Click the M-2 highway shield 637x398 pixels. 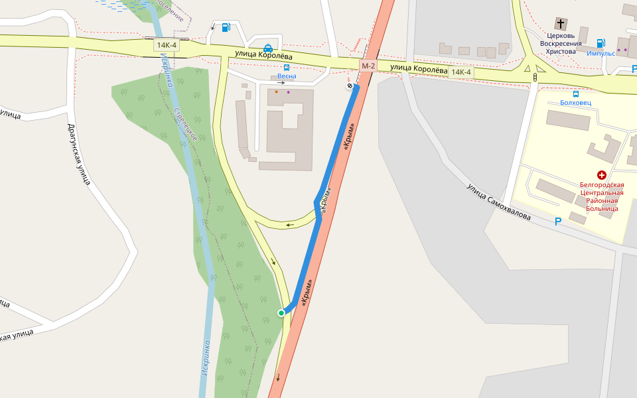coord(368,65)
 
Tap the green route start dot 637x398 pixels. coord(281,313)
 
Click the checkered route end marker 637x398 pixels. coord(350,86)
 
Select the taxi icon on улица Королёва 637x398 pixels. coord(267,48)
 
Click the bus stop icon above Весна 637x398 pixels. coord(287,67)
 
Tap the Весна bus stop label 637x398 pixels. coord(287,76)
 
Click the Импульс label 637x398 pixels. coord(601,53)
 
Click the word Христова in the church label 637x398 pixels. coord(563,52)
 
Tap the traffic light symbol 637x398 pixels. coord(535,78)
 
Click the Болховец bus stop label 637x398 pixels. coord(575,103)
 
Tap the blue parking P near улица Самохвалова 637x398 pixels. coord(558,222)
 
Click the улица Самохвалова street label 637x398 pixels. coord(498,202)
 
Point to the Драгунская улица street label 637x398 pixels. coord(78,154)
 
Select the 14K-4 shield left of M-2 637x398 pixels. coord(165,45)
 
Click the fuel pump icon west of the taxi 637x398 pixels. coord(226,27)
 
